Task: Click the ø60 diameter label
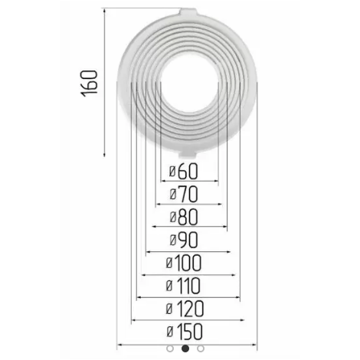[184, 172]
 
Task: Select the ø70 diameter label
[184, 195]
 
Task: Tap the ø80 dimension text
[184, 218]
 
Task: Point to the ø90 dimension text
[184, 240]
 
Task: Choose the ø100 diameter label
[184, 263]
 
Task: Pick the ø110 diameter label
[183, 286]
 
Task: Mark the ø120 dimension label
[185, 309]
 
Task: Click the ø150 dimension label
[185, 332]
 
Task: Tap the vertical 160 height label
[90, 83]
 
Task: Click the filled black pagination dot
[185, 349]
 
